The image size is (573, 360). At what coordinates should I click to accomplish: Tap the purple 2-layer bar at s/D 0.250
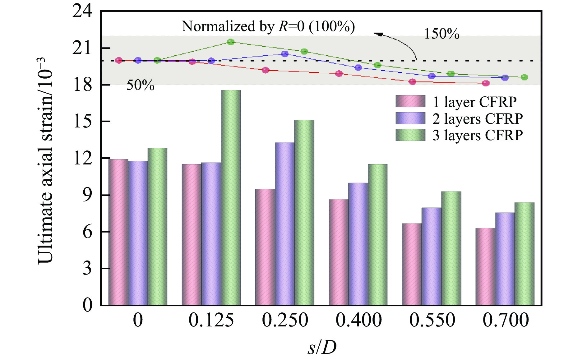(x=284, y=224)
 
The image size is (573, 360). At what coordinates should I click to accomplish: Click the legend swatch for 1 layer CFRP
(x=410, y=102)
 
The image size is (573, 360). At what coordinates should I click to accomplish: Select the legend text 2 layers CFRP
(x=477, y=119)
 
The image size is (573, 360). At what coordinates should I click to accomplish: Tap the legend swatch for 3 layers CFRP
(x=410, y=135)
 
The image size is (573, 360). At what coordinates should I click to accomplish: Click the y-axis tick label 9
(x=87, y=195)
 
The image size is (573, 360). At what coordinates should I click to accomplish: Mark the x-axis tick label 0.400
(x=358, y=320)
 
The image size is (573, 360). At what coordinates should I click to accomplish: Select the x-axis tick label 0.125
(x=211, y=320)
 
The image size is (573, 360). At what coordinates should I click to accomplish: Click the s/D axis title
(x=322, y=348)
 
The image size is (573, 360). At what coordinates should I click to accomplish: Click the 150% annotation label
(x=441, y=34)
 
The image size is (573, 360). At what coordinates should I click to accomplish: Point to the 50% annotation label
(x=140, y=85)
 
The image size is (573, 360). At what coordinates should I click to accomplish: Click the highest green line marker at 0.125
(x=231, y=42)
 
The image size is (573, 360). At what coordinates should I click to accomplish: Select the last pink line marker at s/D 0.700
(x=486, y=83)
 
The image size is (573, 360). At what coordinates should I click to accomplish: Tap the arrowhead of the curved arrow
(x=377, y=34)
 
